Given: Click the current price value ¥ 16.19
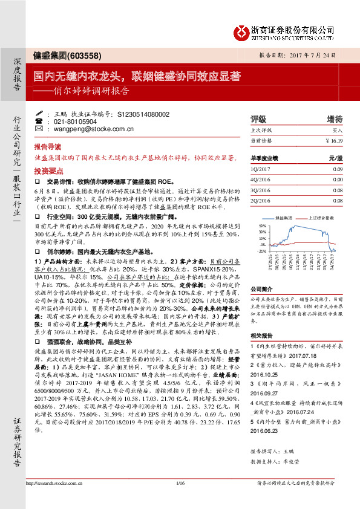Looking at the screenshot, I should tap(333, 140).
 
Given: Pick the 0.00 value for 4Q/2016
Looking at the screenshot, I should tap(337, 180).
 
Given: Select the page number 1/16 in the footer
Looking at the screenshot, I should tap(180, 499).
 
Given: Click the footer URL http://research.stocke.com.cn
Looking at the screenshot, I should tap(53, 499).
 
